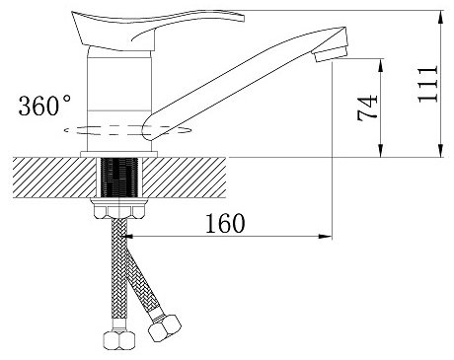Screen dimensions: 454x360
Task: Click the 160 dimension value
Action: point(225,223)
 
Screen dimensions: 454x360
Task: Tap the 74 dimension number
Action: point(367,108)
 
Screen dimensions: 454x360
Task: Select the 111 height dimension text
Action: point(427,84)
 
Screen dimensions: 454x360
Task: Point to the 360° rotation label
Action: point(44,106)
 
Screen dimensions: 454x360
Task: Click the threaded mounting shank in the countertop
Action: point(119,178)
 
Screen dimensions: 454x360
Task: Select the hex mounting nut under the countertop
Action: point(119,209)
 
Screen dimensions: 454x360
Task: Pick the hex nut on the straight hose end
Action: point(118,340)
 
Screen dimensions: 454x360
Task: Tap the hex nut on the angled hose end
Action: point(165,327)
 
